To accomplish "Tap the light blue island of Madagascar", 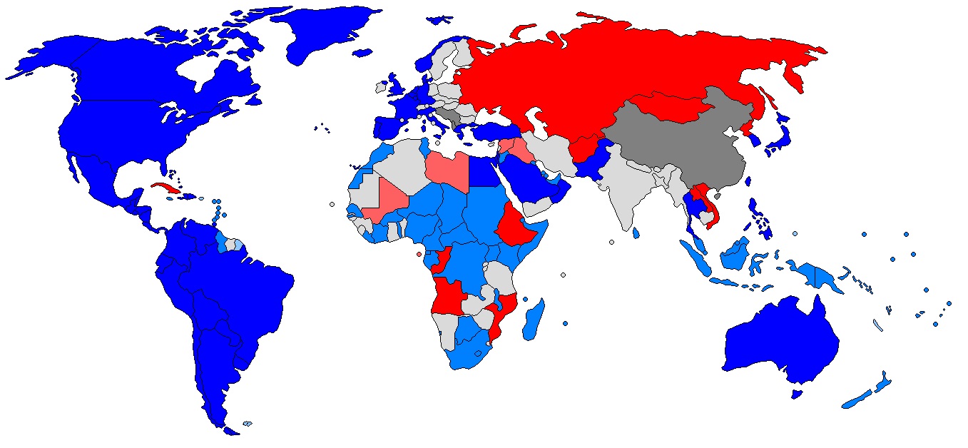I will point(533,320).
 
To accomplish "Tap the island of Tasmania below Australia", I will point(798,394).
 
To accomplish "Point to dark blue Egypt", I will point(485,171).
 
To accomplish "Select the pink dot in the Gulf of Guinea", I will point(419,255).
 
